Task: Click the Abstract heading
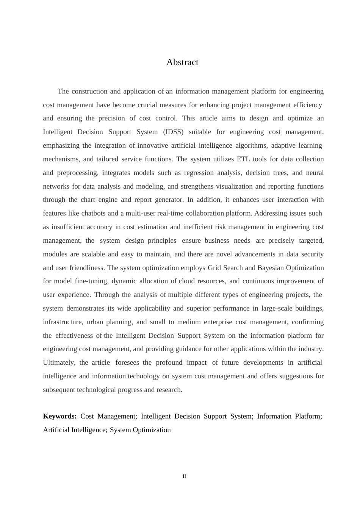(x=182, y=62)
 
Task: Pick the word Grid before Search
(x=214, y=268)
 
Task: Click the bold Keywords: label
(x=60, y=416)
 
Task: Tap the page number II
(x=184, y=476)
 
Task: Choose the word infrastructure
(x=63, y=322)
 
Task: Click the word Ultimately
(x=59, y=362)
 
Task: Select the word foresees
(x=127, y=362)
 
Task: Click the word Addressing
(x=270, y=213)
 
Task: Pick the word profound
(x=169, y=362)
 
